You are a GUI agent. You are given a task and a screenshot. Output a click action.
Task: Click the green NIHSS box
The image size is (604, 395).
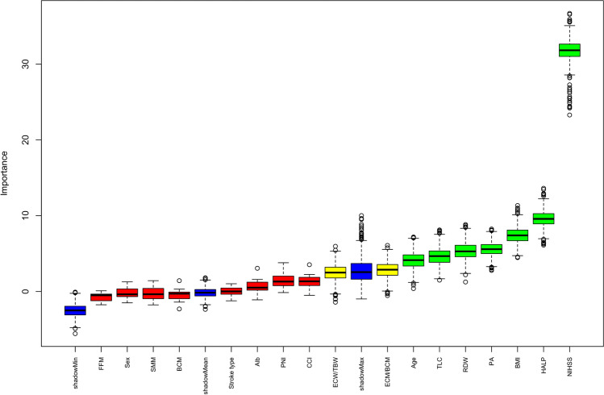tap(569, 50)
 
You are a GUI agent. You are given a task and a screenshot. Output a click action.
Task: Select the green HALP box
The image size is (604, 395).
tap(544, 218)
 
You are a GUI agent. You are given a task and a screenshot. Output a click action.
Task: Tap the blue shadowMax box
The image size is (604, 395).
tap(361, 271)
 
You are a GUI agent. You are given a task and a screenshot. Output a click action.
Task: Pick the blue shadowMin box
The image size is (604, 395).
tap(75, 310)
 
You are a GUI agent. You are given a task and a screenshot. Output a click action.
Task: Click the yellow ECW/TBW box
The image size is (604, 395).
tap(335, 272)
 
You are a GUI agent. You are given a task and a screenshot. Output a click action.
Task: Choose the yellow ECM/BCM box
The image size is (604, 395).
tap(387, 269)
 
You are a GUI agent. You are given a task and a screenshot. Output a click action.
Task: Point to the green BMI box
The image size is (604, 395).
tap(518, 235)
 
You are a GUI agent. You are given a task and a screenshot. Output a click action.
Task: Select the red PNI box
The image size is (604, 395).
tap(283, 281)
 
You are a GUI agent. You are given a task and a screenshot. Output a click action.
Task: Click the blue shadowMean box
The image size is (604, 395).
tap(206, 293)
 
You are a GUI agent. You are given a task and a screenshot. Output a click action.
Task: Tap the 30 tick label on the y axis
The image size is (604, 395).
tap(26, 64)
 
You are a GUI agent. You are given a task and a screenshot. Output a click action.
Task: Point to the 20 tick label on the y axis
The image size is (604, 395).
tap(26, 139)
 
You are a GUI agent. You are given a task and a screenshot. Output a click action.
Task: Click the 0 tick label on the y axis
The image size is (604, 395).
tap(26, 292)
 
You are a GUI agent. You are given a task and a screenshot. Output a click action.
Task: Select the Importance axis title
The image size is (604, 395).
tap(4, 173)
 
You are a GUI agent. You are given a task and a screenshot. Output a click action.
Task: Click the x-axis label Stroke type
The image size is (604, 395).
tap(231, 372)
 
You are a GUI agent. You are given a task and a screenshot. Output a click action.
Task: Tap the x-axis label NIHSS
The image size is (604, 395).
tap(569, 367)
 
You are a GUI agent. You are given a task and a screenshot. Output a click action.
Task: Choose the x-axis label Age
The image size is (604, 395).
tap(414, 363)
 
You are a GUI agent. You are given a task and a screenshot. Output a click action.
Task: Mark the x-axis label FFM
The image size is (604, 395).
tap(102, 364)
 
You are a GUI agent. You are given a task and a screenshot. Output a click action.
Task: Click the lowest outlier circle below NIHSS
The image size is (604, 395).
tap(569, 114)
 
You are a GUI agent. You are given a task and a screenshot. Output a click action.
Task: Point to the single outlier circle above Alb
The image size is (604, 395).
tap(257, 268)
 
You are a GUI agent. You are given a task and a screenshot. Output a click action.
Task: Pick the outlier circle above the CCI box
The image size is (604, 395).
tap(310, 264)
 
